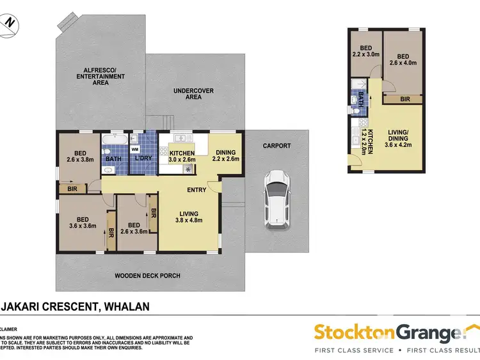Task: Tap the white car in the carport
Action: point(277,200)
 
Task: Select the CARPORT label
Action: point(276,146)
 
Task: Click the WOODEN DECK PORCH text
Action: point(147,276)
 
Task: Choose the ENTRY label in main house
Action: point(196,190)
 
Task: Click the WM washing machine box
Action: point(134,148)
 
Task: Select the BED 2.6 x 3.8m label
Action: point(80,157)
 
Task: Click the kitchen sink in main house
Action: point(180,138)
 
